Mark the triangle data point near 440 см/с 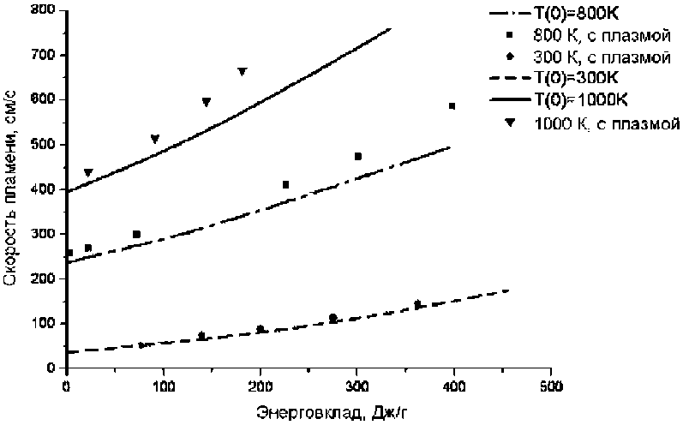87,173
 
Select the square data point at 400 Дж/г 452,106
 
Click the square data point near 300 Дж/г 357,157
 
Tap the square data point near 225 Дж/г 285,185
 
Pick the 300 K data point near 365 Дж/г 417,304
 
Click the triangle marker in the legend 510,123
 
